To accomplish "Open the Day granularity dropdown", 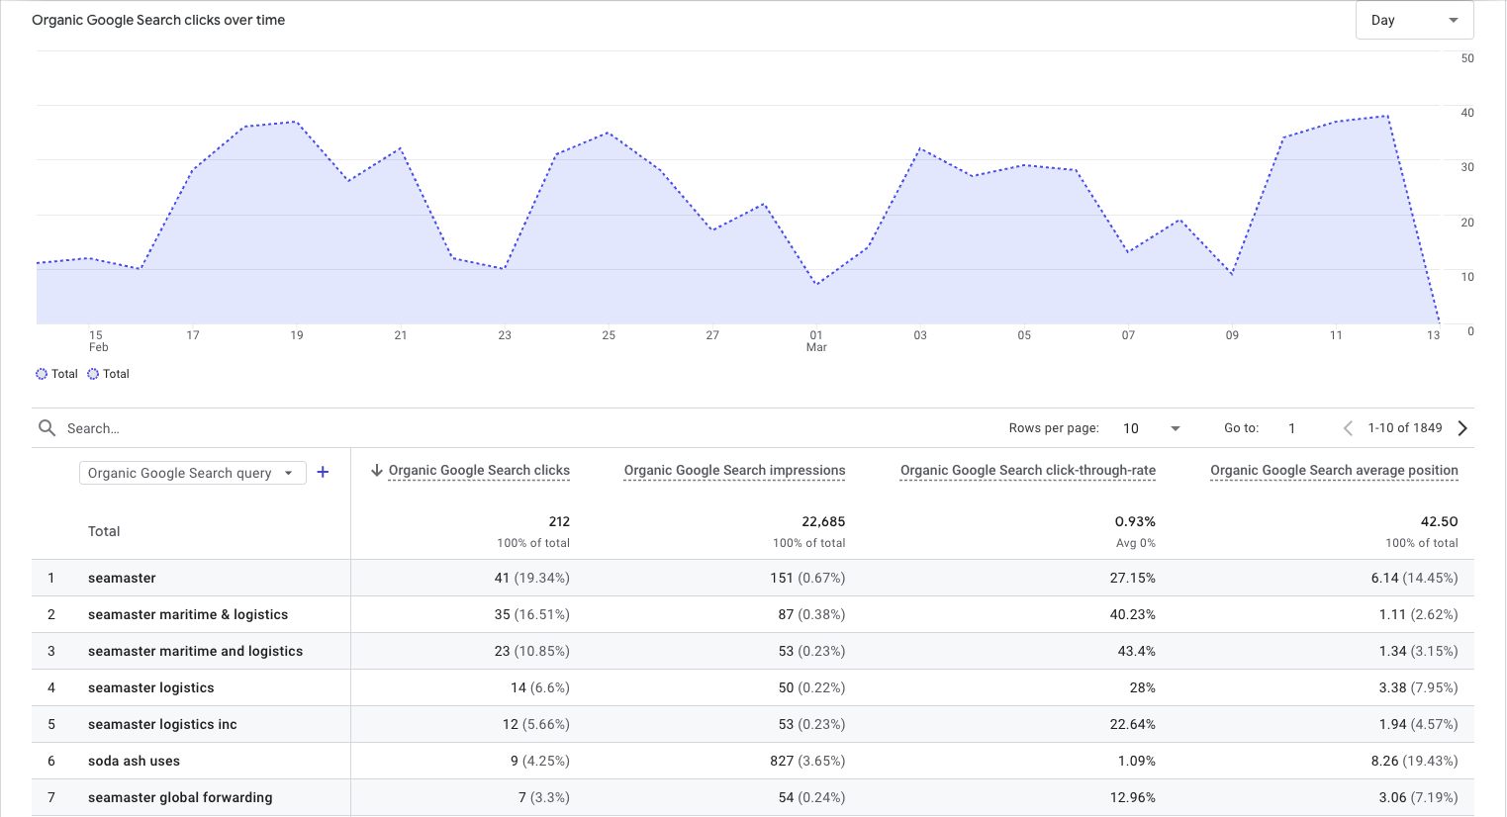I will pyautogui.click(x=1414, y=20).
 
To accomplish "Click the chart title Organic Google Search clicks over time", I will pyautogui.click(x=158, y=20).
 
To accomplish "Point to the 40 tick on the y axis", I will pyautogui.click(x=1467, y=113).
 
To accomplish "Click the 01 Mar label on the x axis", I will pyautogui.click(x=816, y=341).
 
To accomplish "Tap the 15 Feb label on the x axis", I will pyautogui.click(x=97, y=341).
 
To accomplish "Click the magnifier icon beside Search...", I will pyautogui.click(x=47, y=428).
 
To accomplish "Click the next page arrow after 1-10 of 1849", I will pyautogui.click(x=1462, y=428).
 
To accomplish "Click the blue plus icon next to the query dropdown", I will pyautogui.click(x=323, y=473).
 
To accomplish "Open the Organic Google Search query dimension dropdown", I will pyautogui.click(x=192, y=473).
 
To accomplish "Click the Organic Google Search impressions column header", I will pyautogui.click(x=734, y=471).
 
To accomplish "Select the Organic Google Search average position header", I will pyautogui.click(x=1334, y=471).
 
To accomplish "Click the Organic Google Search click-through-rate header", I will pyautogui.click(x=1027, y=471).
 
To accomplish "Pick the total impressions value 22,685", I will pyautogui.click(x=823, y=521).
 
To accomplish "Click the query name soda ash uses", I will pyautogui.click(x=134, y=761).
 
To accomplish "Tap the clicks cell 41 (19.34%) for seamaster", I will pyautogui.click(x=531, y=578).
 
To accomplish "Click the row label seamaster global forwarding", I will pyautogui.click(x=180, y=797).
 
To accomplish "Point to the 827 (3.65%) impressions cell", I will pyautogui.click(x=807, y=761).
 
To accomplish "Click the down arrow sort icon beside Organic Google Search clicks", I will pyautogui.click(x=377, y=471).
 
